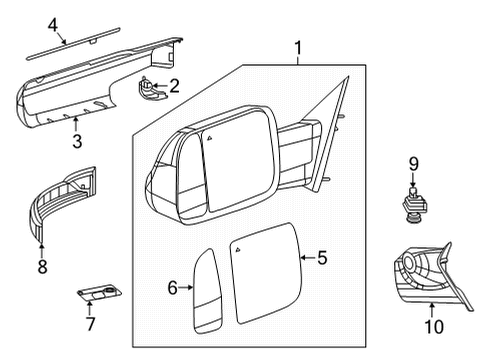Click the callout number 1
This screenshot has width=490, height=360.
[296, 47]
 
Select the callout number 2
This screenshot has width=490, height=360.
[174, 86]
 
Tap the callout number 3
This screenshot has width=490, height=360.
[76, 140]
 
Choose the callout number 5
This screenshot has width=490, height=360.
[322, 257]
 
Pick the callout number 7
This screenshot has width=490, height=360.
[91, 324]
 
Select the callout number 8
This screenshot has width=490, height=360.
[41, 267]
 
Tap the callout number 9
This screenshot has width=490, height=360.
[410, 162]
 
